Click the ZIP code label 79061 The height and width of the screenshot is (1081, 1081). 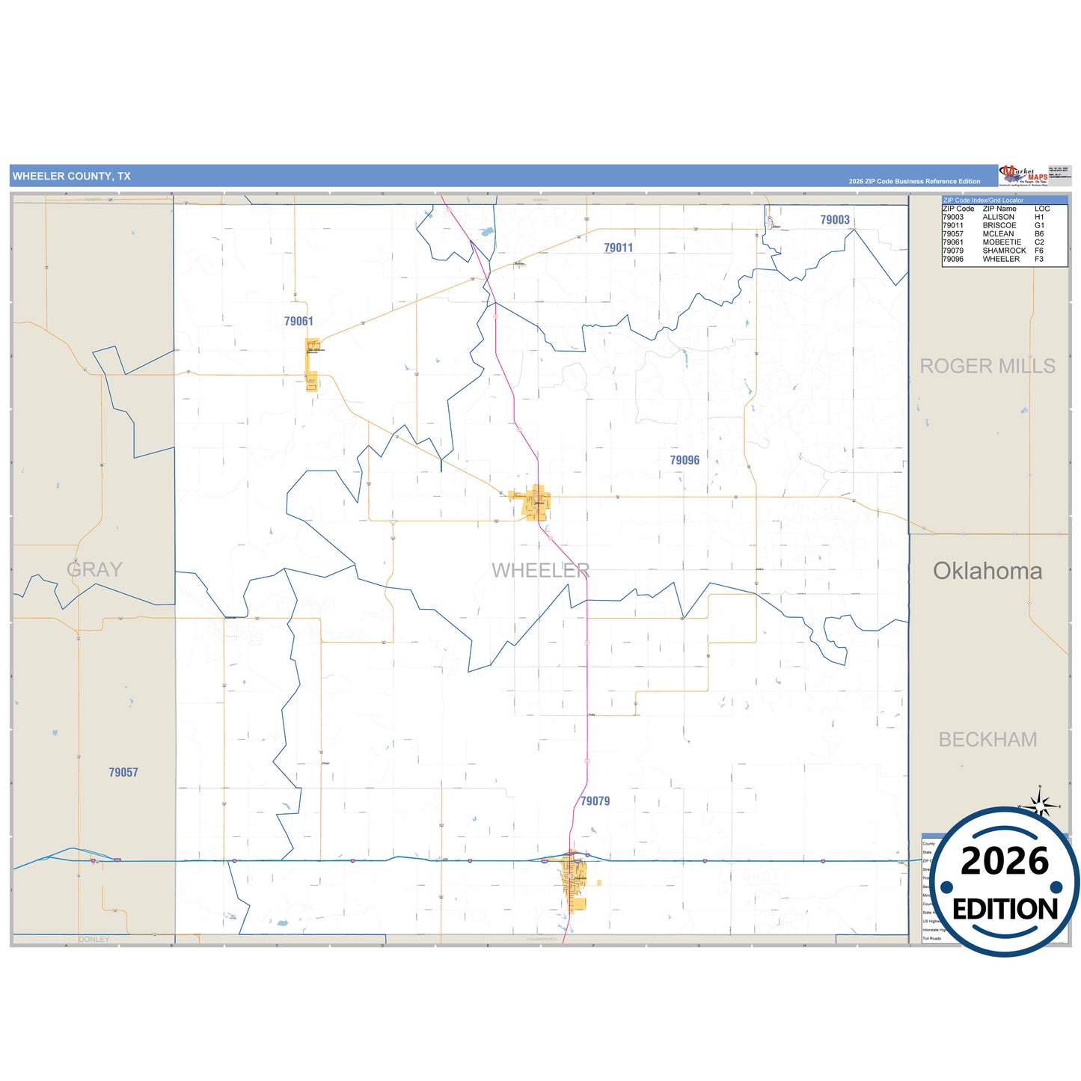[298, 322]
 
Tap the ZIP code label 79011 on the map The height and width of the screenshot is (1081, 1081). [619, 248]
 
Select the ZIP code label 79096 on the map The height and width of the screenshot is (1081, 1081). [685, 461]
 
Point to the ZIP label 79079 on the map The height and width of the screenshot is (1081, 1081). [595, 801]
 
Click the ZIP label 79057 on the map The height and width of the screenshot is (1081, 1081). [123, 773]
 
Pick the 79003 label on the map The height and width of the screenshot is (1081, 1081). [835, 220]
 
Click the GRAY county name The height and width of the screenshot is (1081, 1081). [94, 570]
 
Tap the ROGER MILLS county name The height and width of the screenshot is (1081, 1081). [987, 367]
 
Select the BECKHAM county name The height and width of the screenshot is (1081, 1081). [987, 740]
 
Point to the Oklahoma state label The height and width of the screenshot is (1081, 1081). [987, 572]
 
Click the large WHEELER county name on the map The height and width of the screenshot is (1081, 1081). [541, 571]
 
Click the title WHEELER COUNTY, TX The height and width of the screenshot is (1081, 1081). [72, 177]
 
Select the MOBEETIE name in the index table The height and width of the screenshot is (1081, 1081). [1002, 242]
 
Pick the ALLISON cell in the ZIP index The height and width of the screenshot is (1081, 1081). [999, 217]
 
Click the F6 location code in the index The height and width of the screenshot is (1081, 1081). [1039, 251]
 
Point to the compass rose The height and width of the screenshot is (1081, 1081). [1039, 805]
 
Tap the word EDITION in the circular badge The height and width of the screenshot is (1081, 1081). [1005, 910]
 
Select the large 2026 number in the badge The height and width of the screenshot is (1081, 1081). [1005, 862]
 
